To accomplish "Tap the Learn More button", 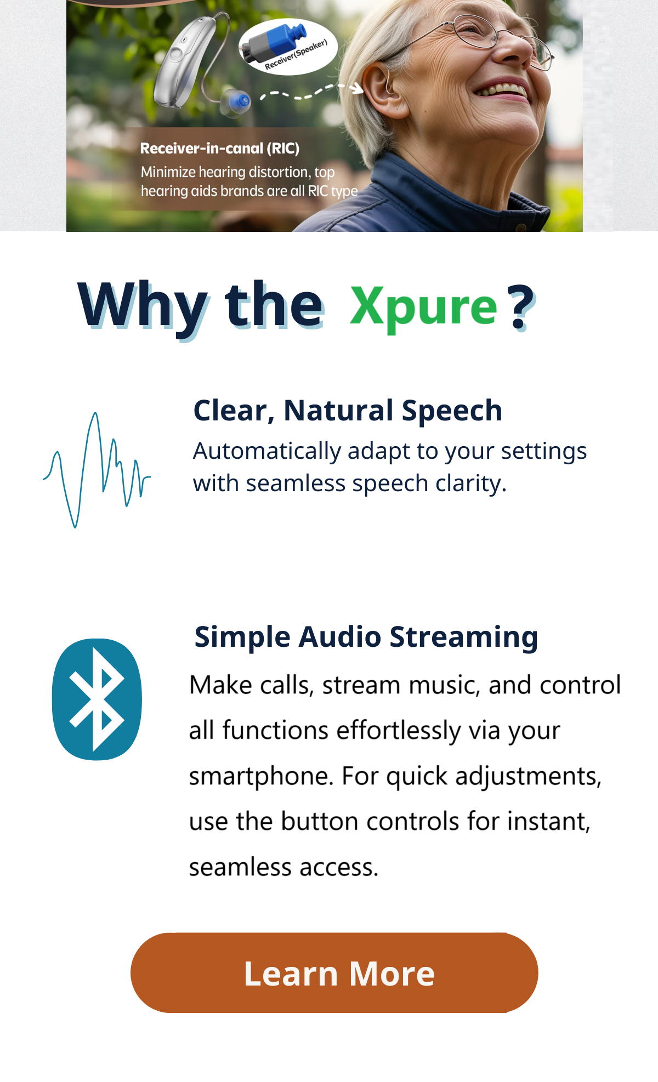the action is coord(334,972).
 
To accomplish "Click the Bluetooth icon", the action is coord(97,699).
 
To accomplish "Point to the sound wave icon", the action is coord(97,470).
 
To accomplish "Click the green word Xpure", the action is coord(423,307).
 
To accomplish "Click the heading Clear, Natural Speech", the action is coord(348,411).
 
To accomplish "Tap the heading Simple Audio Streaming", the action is coord(366,637).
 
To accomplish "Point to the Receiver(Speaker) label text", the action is coord(296,55).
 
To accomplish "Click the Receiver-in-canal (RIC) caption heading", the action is coord(220,149).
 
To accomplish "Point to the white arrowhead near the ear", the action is coord(356,88).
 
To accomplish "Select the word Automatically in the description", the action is coord(268,452).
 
